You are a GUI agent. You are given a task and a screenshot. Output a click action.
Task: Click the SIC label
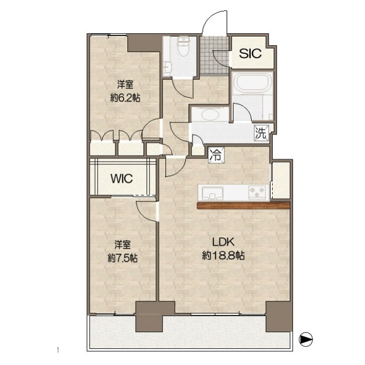point(250,53)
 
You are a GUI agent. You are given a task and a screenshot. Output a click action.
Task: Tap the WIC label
point(121,178)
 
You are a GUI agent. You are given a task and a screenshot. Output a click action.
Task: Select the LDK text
point(223,242)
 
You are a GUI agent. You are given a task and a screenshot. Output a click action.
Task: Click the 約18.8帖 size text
point(223,256)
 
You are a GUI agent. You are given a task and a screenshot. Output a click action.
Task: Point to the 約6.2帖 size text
point(125,99)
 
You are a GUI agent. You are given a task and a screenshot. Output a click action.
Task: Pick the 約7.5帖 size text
point(123,258)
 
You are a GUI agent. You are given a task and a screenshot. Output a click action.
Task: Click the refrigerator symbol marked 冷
point(216,155)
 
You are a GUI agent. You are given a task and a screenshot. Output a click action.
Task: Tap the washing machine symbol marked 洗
point(261,133)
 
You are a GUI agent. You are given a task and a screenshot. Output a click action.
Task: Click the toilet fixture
point(184,46)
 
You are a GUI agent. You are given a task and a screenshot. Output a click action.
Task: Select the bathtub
point(252,83)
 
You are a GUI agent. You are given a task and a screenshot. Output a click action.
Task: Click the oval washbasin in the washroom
point(210,115)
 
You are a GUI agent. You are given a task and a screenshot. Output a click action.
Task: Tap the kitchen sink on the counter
point(213,193)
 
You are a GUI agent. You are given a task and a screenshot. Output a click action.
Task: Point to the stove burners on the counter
point(257,192)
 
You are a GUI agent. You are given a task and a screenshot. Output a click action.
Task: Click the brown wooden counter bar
point(244,205)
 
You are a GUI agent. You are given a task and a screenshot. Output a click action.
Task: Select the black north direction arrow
point(306,339)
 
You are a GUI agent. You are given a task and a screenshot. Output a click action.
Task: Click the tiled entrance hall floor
point(214,55)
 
